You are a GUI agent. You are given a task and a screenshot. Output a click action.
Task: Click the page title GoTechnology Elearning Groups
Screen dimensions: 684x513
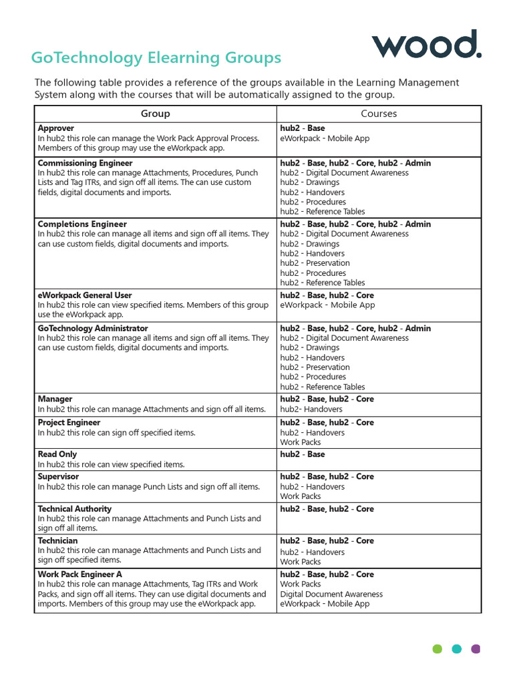[x=156, y=58]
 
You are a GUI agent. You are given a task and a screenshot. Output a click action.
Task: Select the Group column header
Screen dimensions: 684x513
[x=155, y=114]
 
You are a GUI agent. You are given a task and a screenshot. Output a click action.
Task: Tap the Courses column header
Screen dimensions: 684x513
[x=379, y=114]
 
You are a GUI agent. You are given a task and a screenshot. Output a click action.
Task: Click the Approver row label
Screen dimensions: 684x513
[x=56, y=128]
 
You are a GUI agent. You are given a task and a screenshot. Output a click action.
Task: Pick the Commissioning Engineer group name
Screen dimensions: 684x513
[x=85, y=163]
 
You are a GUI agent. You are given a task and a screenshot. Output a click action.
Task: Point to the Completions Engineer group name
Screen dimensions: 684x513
[x=82, y=224]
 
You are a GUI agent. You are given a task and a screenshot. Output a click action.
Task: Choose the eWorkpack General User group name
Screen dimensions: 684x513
[x=85, y=295]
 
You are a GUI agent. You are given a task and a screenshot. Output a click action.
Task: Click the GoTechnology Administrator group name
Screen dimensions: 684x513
[x=93, y=329]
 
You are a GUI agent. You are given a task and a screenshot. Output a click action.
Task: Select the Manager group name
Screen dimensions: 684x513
[x=55, y=399]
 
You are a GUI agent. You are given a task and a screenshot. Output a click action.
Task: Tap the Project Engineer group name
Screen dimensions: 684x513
[x=69, y=423]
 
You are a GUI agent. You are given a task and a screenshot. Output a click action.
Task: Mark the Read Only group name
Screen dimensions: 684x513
[x=57, y=454]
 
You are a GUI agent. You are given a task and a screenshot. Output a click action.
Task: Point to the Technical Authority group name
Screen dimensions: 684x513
[x=75, y=509]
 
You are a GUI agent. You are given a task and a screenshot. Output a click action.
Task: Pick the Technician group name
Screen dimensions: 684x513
[x=57, y=541]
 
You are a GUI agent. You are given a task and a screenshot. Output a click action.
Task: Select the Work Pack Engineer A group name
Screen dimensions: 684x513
[x=80, y=574]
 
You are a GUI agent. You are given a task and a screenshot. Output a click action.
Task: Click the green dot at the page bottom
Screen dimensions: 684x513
[x=438, y=649]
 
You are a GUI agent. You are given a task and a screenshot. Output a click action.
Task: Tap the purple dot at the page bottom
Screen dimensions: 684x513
[x=476, y=649]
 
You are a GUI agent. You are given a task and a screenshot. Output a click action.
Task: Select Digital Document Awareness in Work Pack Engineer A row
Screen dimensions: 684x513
[x=331, y=594]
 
